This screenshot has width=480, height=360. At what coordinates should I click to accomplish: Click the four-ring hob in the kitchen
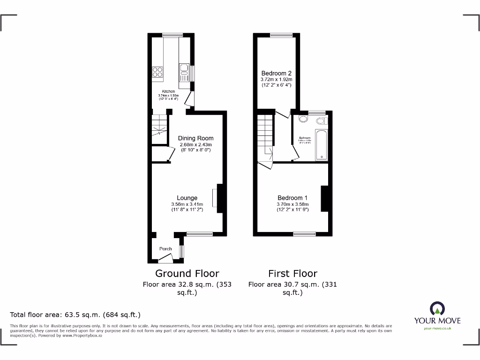[157, 72]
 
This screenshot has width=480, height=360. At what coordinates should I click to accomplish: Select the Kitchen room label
[168, 91]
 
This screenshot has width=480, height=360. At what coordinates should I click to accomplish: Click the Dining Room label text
[195, 138]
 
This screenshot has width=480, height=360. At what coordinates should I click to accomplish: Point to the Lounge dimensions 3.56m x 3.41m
[187, 204]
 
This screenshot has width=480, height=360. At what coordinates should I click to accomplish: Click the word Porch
[165, 249]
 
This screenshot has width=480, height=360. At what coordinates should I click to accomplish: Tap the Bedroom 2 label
[277, 73]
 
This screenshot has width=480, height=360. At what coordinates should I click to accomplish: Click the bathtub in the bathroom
[322, 146]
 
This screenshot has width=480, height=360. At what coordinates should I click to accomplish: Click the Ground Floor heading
[187, 273]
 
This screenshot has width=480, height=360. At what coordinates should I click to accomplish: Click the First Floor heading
[292, 273]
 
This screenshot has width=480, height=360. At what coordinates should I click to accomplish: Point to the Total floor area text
[75, 315]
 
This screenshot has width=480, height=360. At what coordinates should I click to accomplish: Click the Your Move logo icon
[437, 308]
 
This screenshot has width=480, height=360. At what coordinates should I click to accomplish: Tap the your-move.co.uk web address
[437, 329]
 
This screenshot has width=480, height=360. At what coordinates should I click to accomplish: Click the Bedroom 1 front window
[304, 233]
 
